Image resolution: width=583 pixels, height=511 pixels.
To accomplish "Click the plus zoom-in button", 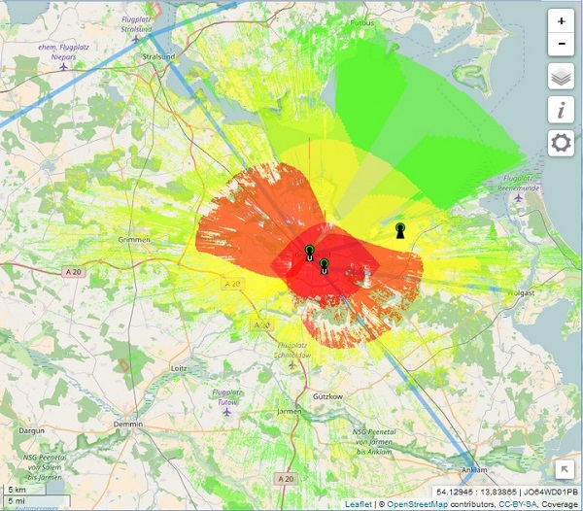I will point(562,20).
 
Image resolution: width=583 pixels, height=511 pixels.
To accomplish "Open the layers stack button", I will point(562,77).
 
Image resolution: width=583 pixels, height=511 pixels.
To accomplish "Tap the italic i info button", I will point(562,110).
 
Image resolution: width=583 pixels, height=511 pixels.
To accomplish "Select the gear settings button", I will point(562,144).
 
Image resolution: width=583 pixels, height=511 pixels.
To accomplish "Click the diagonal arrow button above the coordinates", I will point(565,470).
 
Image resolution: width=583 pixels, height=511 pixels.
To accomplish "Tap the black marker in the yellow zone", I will point(400,230).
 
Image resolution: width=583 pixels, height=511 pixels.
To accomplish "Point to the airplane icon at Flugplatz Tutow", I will point(227,411).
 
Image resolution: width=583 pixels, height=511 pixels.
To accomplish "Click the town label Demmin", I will point(126,425).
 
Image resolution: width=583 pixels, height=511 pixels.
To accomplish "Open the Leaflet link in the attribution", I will point(358,504).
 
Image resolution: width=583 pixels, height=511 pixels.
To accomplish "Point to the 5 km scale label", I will point(16,489).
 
